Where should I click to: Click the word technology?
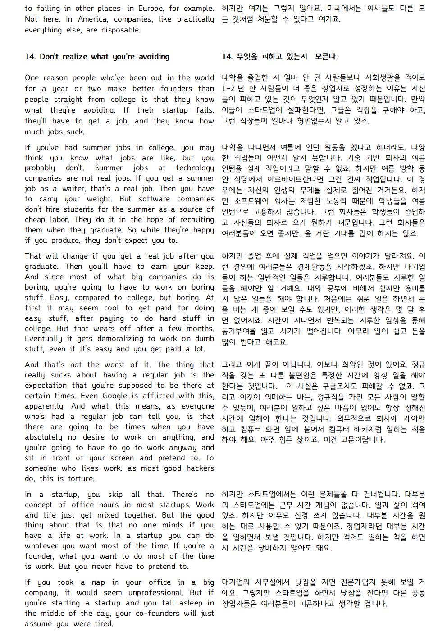point(195,168)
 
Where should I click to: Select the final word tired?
point(104,624)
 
